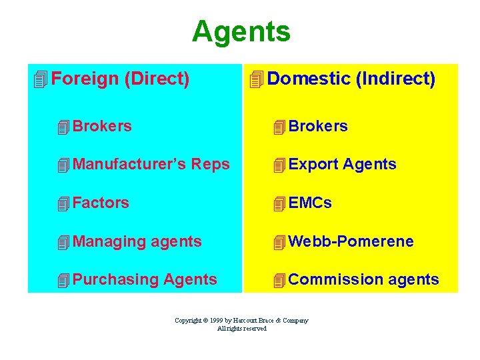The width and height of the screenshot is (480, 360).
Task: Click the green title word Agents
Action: click(x=241, y=31)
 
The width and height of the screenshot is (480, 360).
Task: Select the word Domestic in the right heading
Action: click(x=309, y=79)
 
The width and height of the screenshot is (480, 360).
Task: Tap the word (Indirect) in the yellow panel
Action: click(x=395, y=79)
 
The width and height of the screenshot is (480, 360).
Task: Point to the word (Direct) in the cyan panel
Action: click(x=157, y=79)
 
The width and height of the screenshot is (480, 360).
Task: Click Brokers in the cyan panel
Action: click(x=102, y=125)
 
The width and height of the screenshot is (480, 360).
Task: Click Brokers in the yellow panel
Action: click(x=318, y=126)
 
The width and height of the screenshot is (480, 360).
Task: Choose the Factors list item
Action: click(x=101, y=203)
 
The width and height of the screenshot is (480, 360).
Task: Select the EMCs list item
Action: click(x=310, y=203)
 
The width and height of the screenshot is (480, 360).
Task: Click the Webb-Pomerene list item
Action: click(x=351, y=241)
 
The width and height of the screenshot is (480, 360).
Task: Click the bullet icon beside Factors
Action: click(x=63, y=204)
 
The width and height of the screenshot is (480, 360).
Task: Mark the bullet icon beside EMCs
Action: click(x=279, y=204)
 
